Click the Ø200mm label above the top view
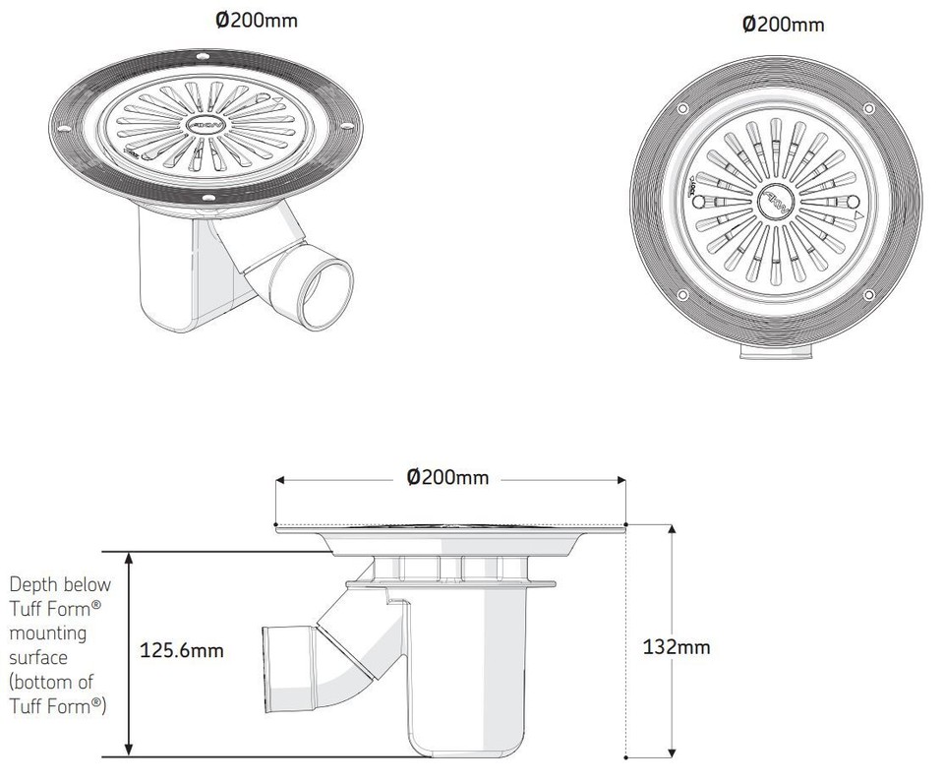pyautogui.click(x=783, y=25)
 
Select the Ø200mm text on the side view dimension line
pyautogui.click(x=447, y=478)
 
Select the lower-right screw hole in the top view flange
pyautogui.click(x=866, y=295)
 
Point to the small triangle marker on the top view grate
pyautogui.click(x=857, y=213)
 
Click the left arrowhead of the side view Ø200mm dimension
pyautogui.click(x=280, y=481)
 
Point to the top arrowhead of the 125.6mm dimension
pyautogui.click(x=129, y=557)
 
